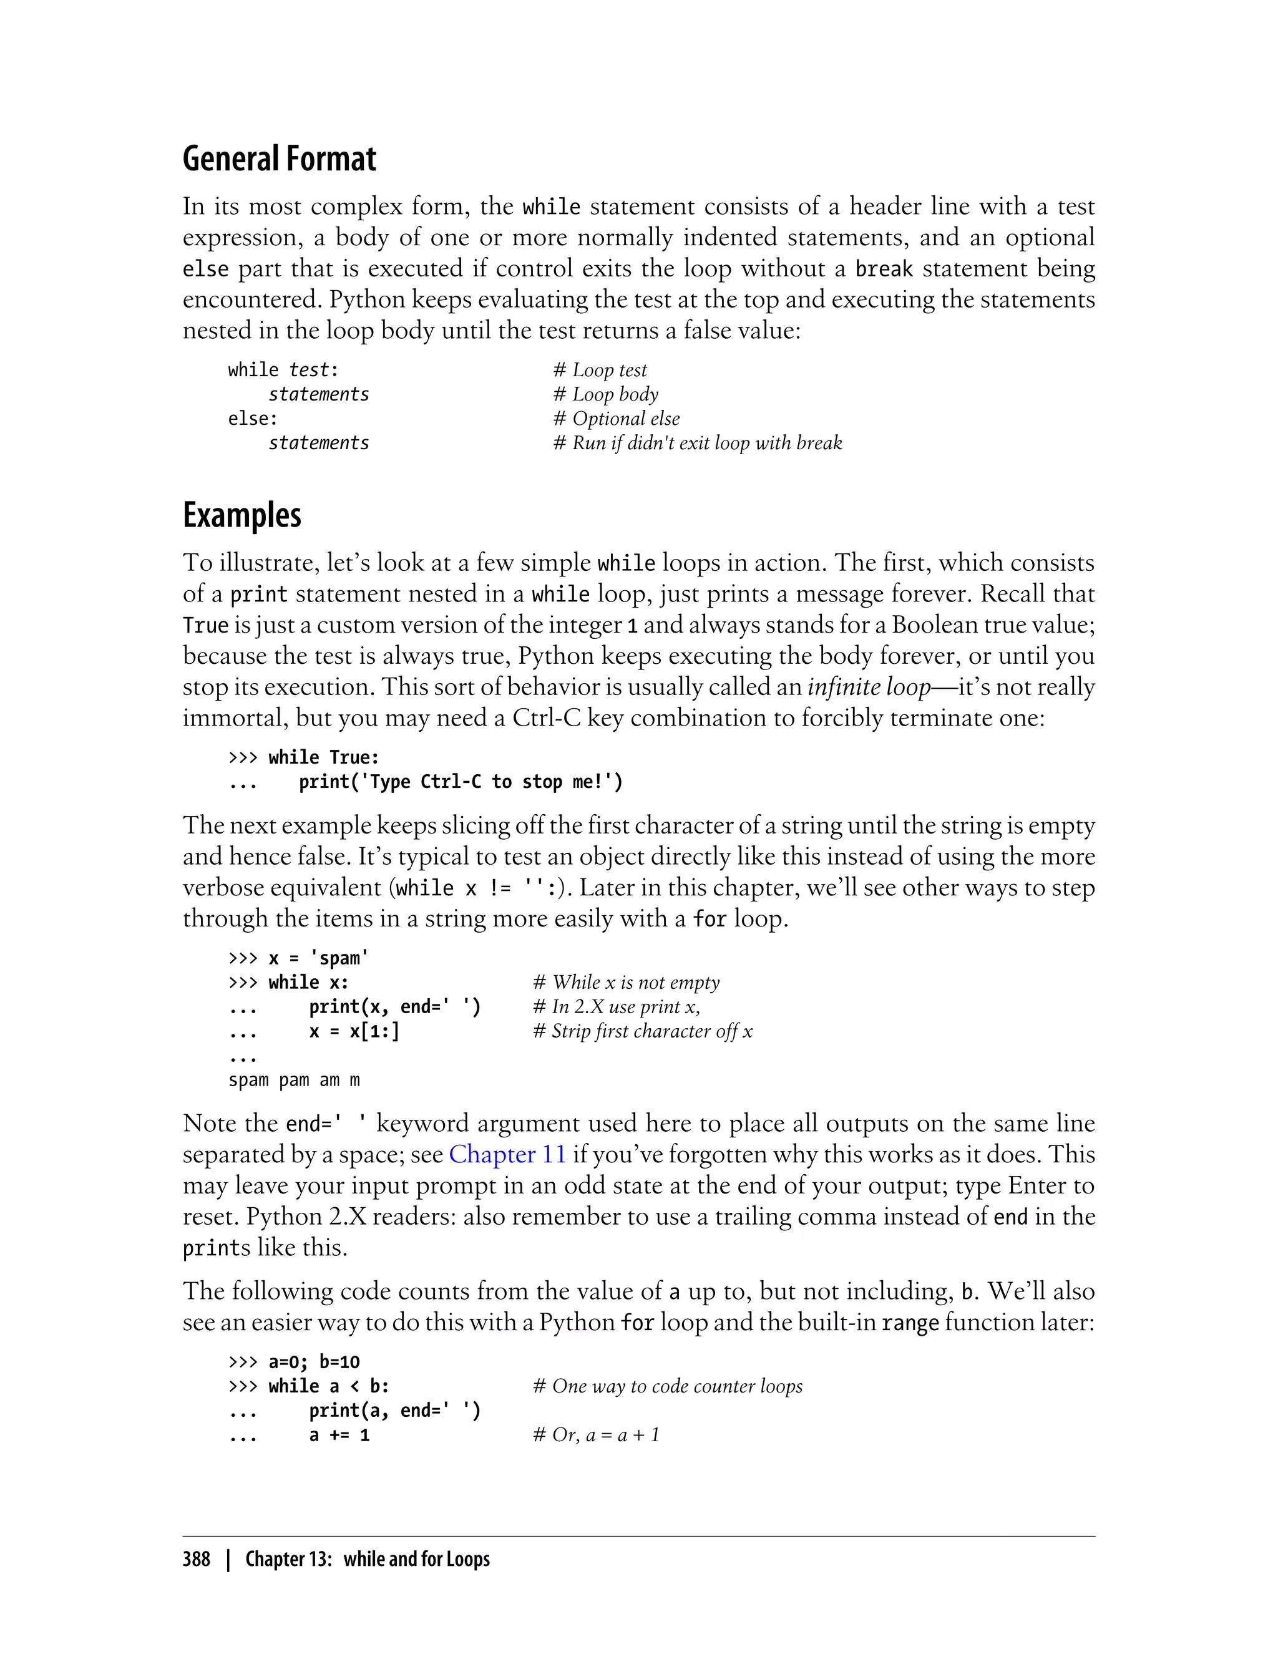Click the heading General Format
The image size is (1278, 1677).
(279, 159)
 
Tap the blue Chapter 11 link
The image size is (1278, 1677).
(507, 1155)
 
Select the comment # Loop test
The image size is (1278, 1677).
(600, 371)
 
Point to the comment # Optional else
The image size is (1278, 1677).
(616, 419)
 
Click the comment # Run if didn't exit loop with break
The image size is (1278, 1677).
(698, 444)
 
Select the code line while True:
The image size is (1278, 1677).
(323, 757)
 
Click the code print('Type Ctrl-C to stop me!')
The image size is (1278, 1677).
(461, 782)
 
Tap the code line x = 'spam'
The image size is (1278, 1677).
(318, 958)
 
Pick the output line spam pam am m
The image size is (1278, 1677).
(294, 1080)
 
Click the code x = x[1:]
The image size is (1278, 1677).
(354, 1031)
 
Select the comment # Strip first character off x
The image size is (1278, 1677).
(643, 1031)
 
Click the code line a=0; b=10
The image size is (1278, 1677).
(313, 1362)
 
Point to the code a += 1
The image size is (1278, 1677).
(339, 1435)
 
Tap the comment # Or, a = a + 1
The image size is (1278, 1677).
(597, 1435)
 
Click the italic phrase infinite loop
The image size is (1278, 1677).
(869, 687)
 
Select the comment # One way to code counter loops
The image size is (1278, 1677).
(668, 1386)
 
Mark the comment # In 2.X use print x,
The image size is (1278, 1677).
(616, 1007)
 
